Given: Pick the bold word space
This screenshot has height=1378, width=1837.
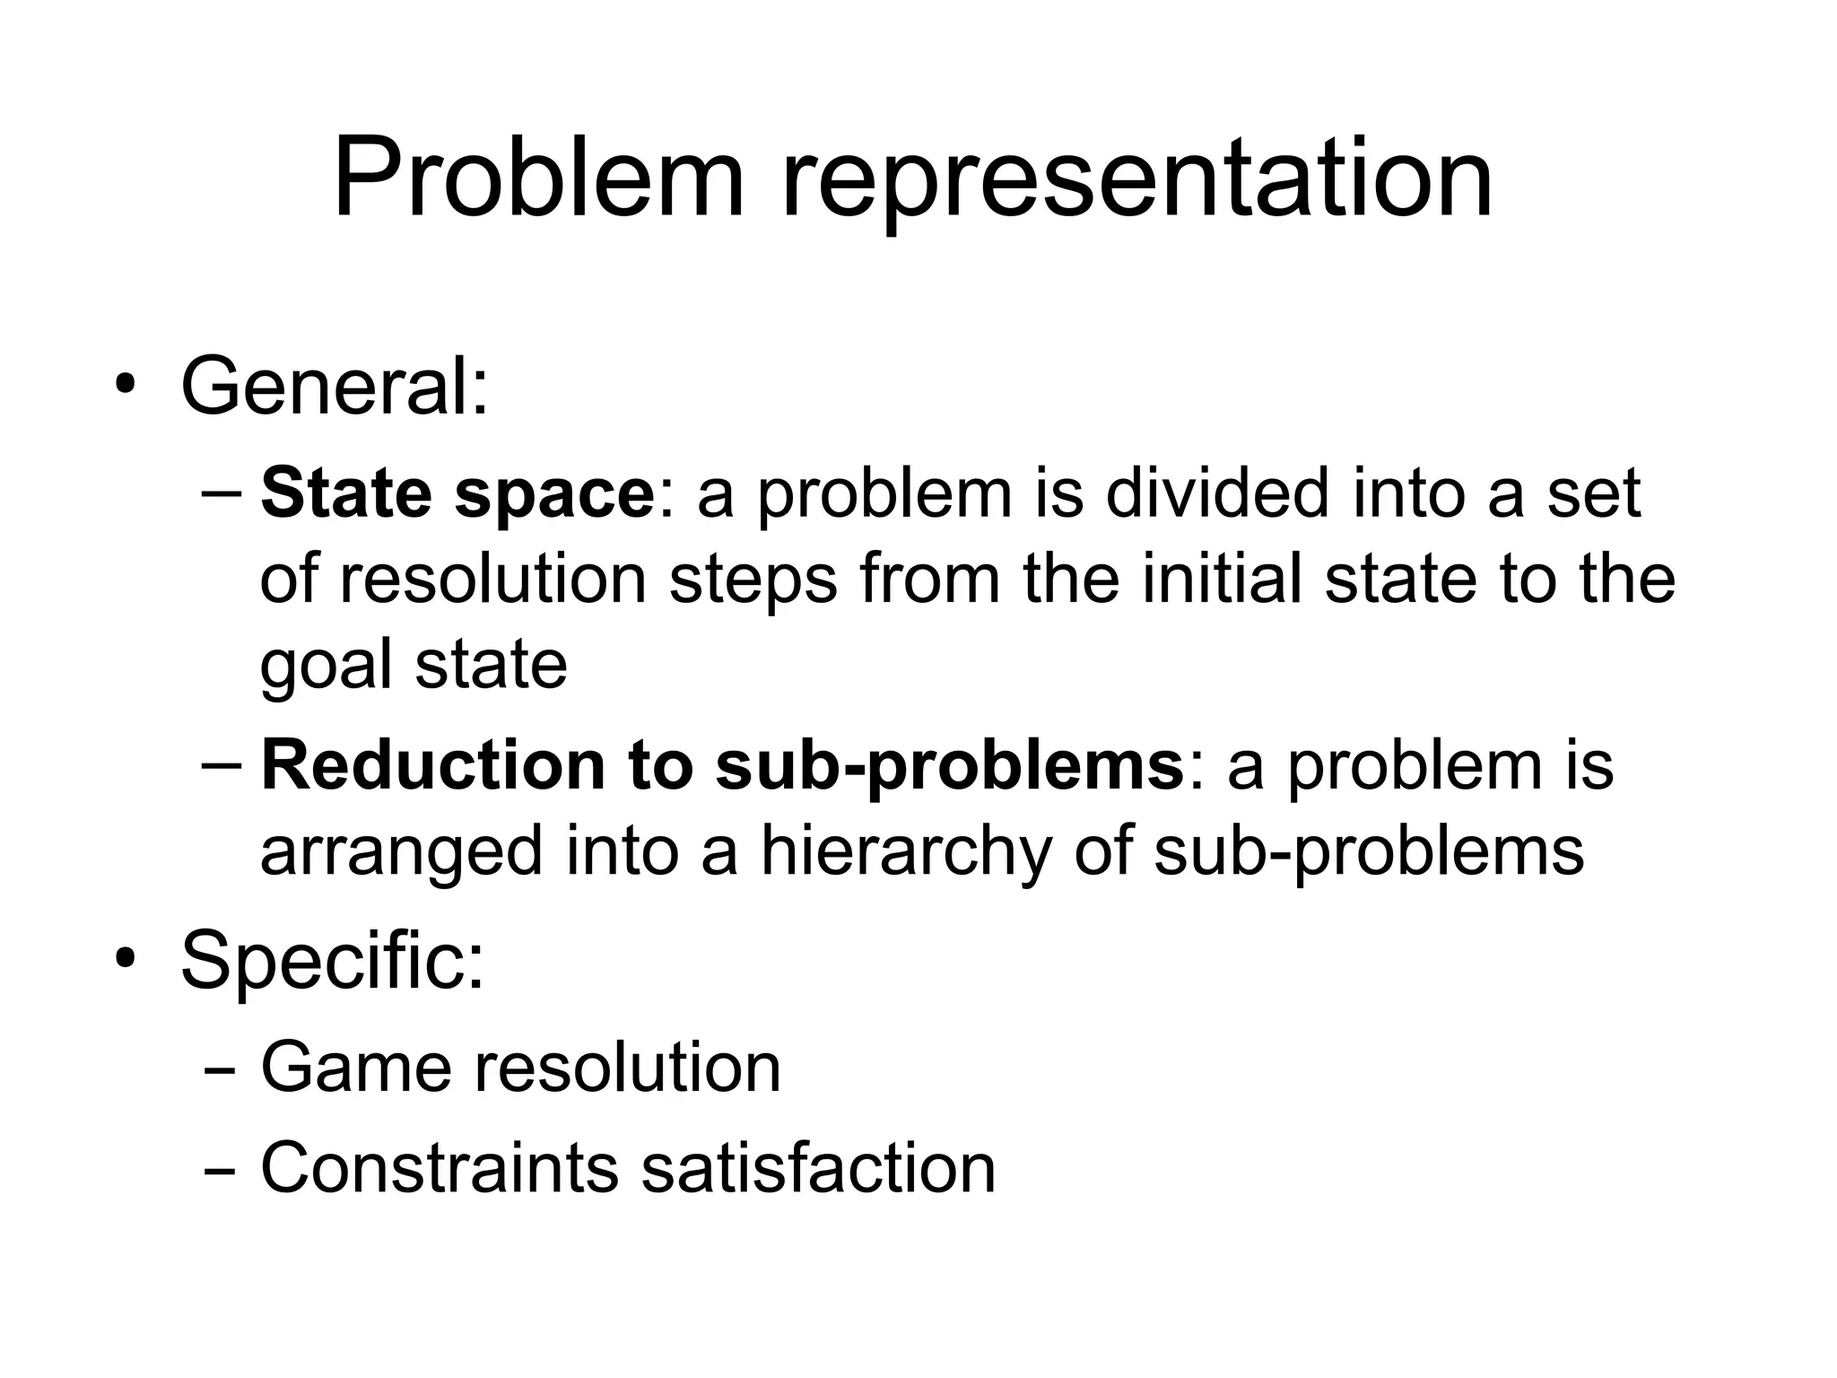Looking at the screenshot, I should click(555, 495).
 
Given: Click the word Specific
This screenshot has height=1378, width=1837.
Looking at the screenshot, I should click(332, 962).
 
